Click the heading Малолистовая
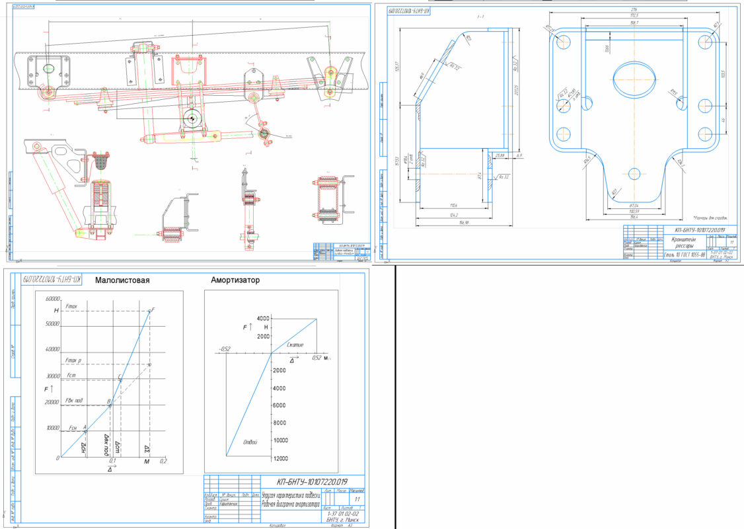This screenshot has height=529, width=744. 122,280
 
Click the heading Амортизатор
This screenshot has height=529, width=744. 235,280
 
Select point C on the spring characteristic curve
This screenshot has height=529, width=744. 119,378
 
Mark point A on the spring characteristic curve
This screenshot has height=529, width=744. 85,428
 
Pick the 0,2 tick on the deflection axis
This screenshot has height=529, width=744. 163,461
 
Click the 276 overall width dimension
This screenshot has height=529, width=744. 635,11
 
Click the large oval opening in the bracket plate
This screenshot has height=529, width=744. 634,80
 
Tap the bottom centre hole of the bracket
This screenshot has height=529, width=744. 634,174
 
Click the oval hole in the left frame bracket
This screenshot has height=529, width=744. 48,69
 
